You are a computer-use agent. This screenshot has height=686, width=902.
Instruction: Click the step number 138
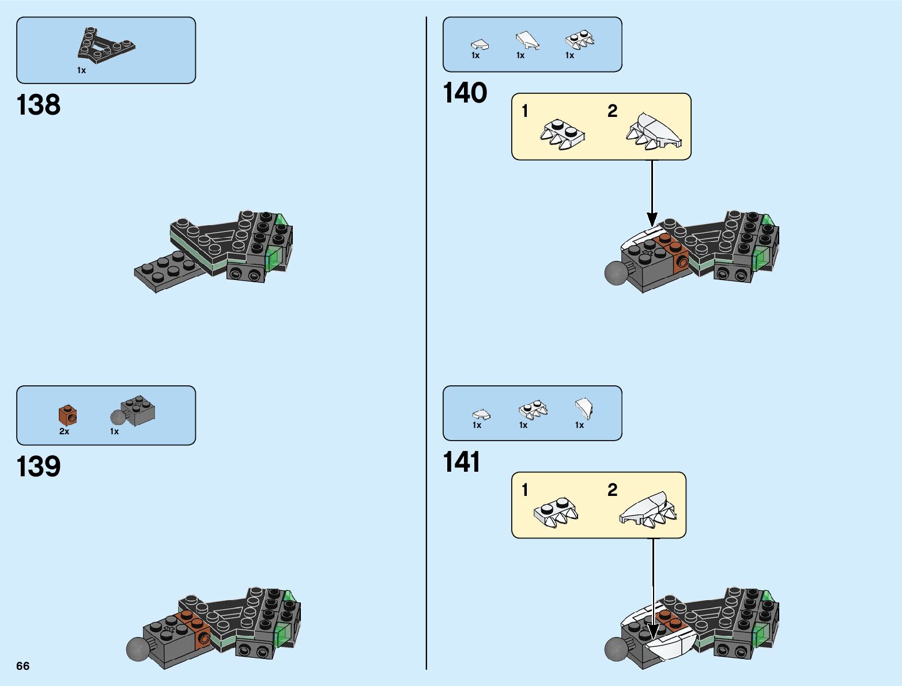(38, 105)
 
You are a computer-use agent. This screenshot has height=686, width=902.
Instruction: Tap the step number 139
(38, 467)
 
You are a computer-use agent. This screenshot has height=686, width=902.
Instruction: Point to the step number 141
(462, 462)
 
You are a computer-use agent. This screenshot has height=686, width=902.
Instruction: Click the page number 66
(23, 666)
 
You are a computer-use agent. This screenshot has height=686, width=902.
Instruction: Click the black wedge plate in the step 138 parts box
(106, 45)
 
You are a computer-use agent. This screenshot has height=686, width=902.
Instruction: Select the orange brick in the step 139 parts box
(67, 415)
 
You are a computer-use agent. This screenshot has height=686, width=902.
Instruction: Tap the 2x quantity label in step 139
(64, 431)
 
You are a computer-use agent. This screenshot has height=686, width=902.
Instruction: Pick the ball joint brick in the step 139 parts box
(133, 411)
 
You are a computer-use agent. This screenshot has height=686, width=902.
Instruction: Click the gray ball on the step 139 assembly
(138, 649)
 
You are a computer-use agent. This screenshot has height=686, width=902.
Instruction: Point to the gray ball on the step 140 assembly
(616, 272)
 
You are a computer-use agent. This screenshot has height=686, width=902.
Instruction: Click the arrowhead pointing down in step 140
(652, 219)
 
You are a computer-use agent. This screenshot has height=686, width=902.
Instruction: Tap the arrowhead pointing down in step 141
(654, 631)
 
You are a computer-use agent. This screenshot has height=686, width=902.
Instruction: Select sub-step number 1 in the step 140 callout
(524, 111)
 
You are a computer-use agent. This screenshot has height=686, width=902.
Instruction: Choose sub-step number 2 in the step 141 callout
(612, 490)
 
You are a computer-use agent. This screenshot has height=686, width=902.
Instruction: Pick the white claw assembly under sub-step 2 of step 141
(648, 510)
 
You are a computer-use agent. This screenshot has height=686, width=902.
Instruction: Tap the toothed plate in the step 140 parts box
(580, 40)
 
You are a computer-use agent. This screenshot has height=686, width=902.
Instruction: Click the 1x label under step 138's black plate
(81, 71)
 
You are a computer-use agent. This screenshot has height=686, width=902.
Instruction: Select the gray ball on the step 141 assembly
(616, 649)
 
